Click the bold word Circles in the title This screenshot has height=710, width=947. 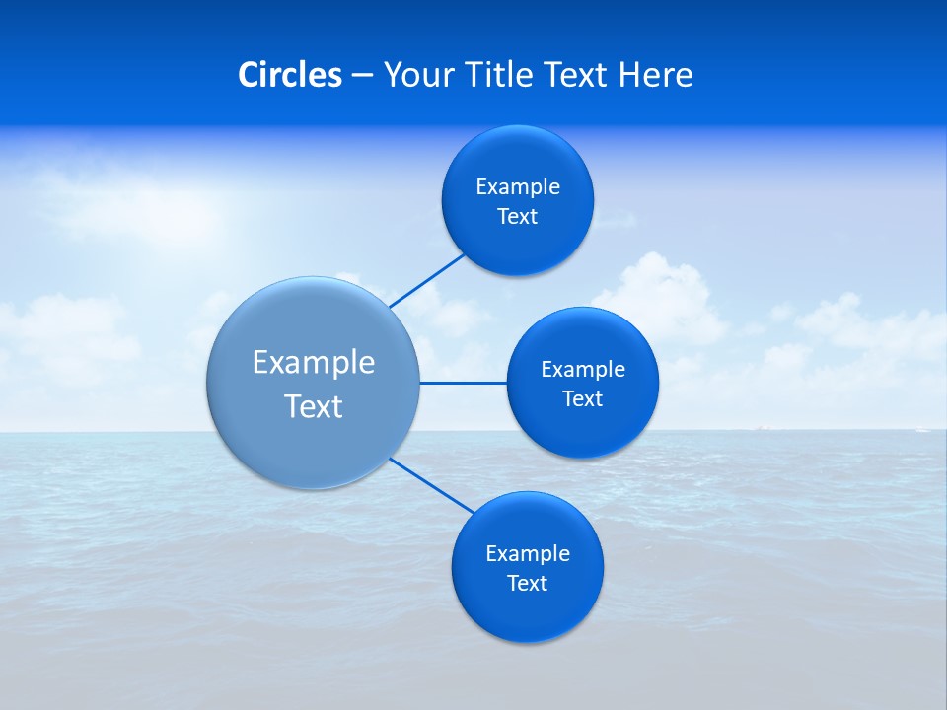pyautogui.click(x=289, y=75)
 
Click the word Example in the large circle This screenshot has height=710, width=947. pyautogui.click(x=314, y=363)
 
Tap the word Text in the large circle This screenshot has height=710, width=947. pyautogui.click(x=314, y=406)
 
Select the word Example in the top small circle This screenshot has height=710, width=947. pyautogui.click(x=518, y=187)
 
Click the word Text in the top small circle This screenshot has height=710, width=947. pyautogui.click(x=518, y=217)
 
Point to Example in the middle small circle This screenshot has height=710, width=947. pyautogui.click(x=583, y=370)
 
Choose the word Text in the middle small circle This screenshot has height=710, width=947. pyautogui.click(x=583, y=399)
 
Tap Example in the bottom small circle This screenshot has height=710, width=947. pyautogui.click(x=528, y=554)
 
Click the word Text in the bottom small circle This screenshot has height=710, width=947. pyautogui.click(x=528, y=584)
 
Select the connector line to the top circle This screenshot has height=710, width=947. pyautogui.click(x=426, y=280)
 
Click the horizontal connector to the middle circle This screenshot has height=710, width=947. pyautogui.click(x=463, y=383)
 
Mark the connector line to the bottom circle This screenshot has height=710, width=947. pyautogui.click(x=432, y=485)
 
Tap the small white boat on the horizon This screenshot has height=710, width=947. pyautogui.click(x=921, y=429)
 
